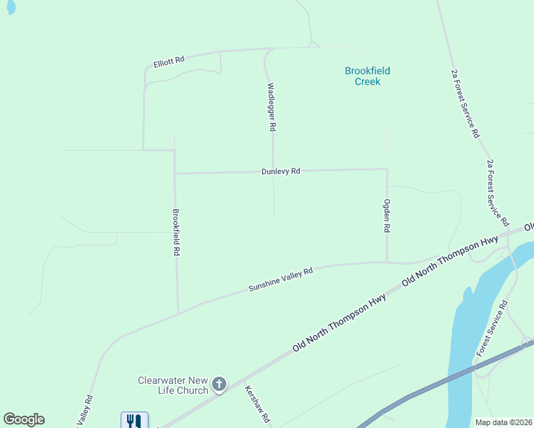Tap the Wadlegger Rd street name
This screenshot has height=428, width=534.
[271, 107]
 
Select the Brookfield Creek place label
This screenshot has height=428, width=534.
[368, 76]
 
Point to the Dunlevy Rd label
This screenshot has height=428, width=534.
[280, 171]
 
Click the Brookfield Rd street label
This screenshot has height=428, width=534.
[176, 233]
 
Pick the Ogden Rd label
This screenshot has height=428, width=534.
[387, 216]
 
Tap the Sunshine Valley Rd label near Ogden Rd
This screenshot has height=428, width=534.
[281, 279]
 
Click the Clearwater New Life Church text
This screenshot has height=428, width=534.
[173, 385]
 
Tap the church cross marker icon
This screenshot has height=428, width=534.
[219, 385]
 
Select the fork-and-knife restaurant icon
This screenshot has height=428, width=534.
[134, 421]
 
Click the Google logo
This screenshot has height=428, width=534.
[24, 419]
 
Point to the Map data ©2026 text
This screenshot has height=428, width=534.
[504, 422]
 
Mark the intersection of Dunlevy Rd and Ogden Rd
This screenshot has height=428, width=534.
[387, 169]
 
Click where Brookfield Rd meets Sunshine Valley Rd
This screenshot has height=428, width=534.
[178, 313]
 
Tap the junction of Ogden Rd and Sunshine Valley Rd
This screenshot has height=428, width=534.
[387, 262]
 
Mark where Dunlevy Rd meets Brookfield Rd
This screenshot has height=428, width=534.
[175, 173]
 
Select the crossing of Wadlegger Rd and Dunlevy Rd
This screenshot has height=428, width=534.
[273, 171]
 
